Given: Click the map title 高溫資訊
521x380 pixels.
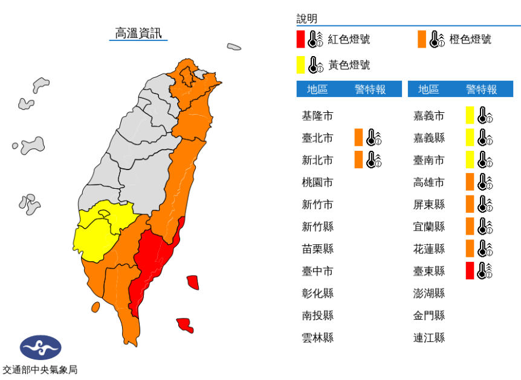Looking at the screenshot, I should coord(138,33).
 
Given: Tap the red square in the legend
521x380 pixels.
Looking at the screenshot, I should coord(300,39).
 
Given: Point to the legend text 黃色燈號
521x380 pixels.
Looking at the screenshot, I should coord(349,65).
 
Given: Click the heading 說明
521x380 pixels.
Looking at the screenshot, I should coord(306,19).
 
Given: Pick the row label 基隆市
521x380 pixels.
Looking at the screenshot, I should coord(317,116).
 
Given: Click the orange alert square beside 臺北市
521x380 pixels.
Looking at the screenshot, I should coord(358,138).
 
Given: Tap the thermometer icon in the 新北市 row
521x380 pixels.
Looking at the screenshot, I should coord(374,160).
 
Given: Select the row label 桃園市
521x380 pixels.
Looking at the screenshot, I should coord(317,182).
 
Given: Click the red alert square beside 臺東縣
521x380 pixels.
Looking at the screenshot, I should coord(470,271).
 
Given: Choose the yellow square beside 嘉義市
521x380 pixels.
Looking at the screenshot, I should coord(470,115).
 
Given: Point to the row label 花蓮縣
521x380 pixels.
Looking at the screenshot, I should coord(429,249).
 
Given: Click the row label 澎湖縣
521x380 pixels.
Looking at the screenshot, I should coord(429,293).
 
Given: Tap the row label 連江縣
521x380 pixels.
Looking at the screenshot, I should coord(429,338).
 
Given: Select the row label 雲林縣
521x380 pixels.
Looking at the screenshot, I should coord(317,338).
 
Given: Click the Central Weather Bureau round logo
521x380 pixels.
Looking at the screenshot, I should coord(40,348).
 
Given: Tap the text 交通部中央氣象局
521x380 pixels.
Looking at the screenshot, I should coord(40,370).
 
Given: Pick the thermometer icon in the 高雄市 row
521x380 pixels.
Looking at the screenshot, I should coord(485,182).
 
